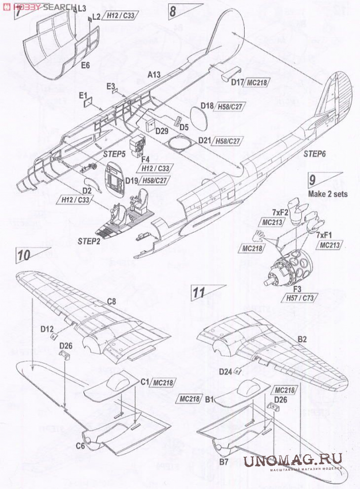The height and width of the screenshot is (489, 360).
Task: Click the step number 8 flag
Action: tap(173, 11)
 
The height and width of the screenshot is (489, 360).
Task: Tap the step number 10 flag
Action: tap(24, 255)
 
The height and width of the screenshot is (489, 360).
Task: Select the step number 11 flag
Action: tap(199, 293)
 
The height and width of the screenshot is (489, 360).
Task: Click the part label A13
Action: tap(154, 75)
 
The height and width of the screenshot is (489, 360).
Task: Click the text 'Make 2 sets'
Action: tap(327, 194)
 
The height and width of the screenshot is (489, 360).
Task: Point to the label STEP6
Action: tap(314, 154)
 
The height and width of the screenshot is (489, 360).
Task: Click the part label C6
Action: tap(81, 446)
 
